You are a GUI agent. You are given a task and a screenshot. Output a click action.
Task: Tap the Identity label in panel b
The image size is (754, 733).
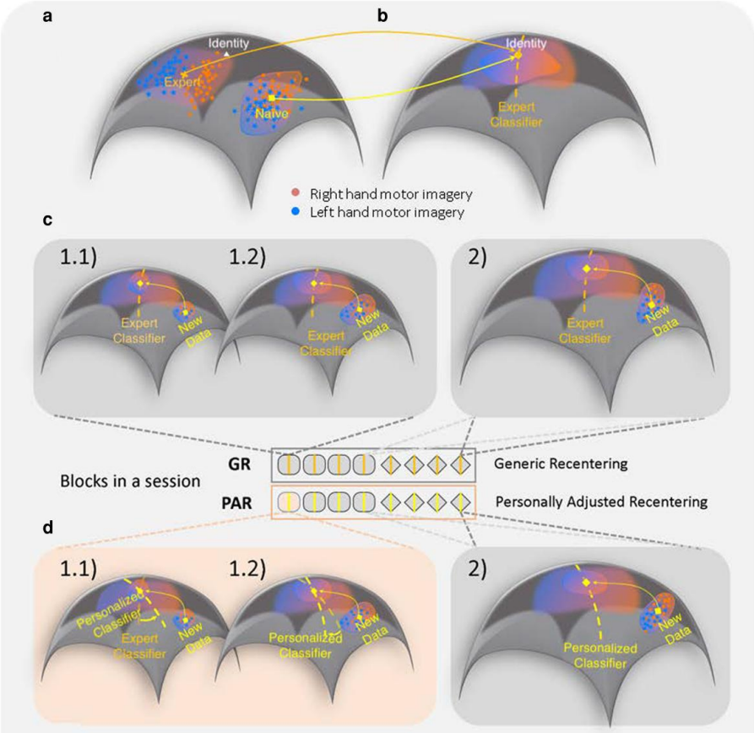pos(525,42)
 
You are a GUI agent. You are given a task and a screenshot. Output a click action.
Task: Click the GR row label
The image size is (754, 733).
pos(249,464)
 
